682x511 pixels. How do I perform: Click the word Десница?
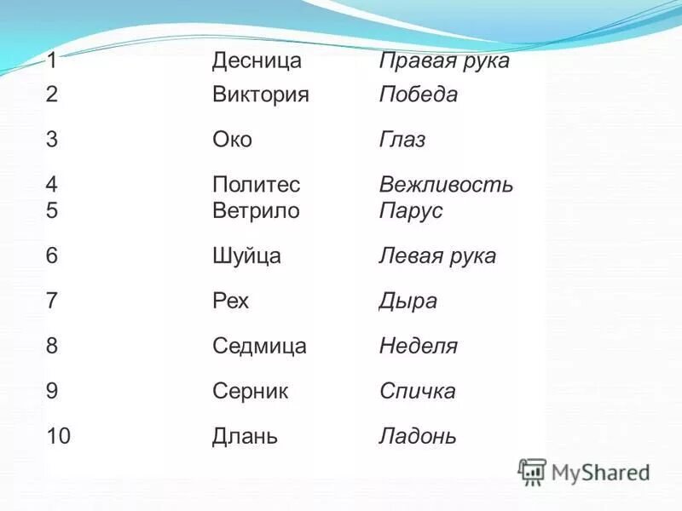point(257,61)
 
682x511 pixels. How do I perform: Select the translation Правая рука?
point(443,61)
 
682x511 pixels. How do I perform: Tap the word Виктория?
point(260,95)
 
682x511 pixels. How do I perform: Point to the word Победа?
point(418,95)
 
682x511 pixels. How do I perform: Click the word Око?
point(232,140)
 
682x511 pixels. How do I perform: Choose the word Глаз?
point(402,140)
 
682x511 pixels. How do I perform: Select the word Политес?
point(256,185)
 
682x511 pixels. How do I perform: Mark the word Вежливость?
point(445,185)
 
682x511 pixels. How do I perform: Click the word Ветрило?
point(256,210)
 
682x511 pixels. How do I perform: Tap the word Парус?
point(410,210)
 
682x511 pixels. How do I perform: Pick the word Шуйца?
point(246,255)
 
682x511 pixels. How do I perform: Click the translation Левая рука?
point(436,255)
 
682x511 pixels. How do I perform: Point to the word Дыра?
point(407,301)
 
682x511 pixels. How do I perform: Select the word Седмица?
point(259,346)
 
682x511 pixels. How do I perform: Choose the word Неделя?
point(418,346)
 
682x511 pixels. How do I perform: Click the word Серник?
point(250,391)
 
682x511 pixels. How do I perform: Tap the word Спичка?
point(417,391)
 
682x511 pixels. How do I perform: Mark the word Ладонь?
point(417,437)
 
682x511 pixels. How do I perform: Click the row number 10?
point(59,436)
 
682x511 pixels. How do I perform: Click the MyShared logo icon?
point(532,472)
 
